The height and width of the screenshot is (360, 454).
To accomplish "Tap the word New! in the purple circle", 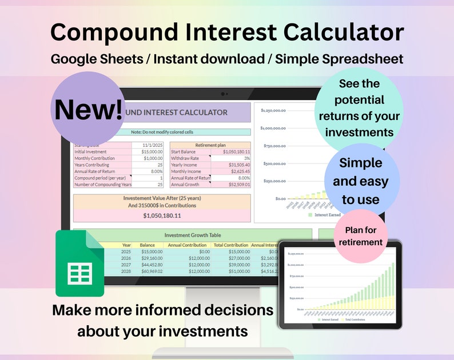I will coord(88,109).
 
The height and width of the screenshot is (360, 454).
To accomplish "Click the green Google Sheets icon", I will coord(79,263).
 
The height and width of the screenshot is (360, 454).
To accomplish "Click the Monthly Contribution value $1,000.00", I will coord(150,159).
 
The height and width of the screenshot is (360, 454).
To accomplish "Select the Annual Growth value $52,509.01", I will coord(235,185).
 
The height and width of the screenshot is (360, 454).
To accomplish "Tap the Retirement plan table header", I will coord(210,146).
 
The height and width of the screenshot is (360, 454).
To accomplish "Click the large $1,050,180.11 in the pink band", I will coord(162,215).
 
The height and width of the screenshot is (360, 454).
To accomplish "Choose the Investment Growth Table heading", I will coord(192,235).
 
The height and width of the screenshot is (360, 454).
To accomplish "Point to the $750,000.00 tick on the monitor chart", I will coord(272,146).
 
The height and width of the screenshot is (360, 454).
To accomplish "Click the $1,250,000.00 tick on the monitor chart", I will coord(272,110).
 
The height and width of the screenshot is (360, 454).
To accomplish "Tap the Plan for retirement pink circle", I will coord(364,237).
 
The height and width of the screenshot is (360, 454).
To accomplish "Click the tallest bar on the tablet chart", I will coord(393,286).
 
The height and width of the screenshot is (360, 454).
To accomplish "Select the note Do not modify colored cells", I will coord(162,132).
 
